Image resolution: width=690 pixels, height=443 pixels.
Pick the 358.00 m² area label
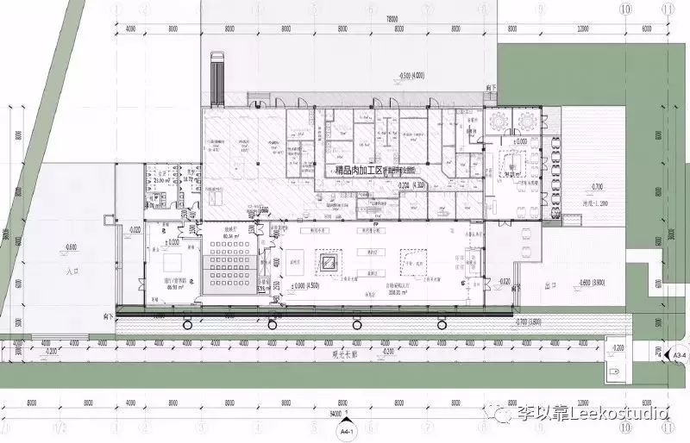tap(373, 292)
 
